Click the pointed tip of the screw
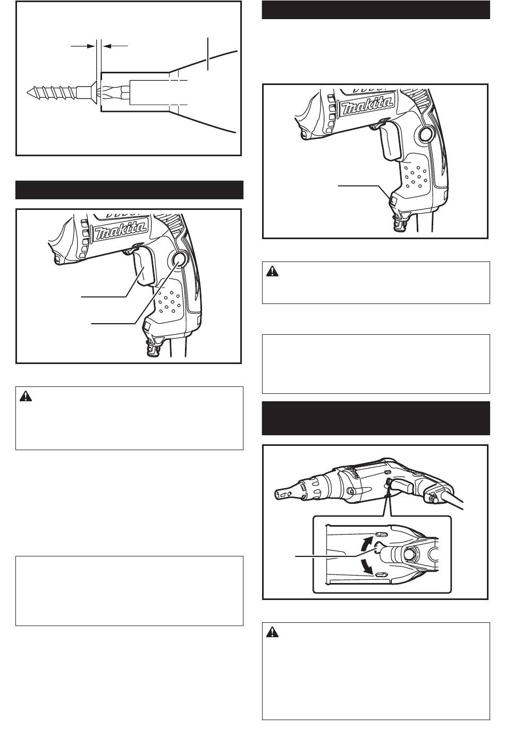coord(28,92)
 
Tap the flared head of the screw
coord(94,92)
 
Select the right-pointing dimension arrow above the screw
coord(83,46)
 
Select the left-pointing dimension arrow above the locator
coord(115,46)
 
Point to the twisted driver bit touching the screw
coord(114,92)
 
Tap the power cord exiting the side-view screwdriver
coord(451,501)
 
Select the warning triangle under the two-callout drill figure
coord(26,396)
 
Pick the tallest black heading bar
coord(376,418)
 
